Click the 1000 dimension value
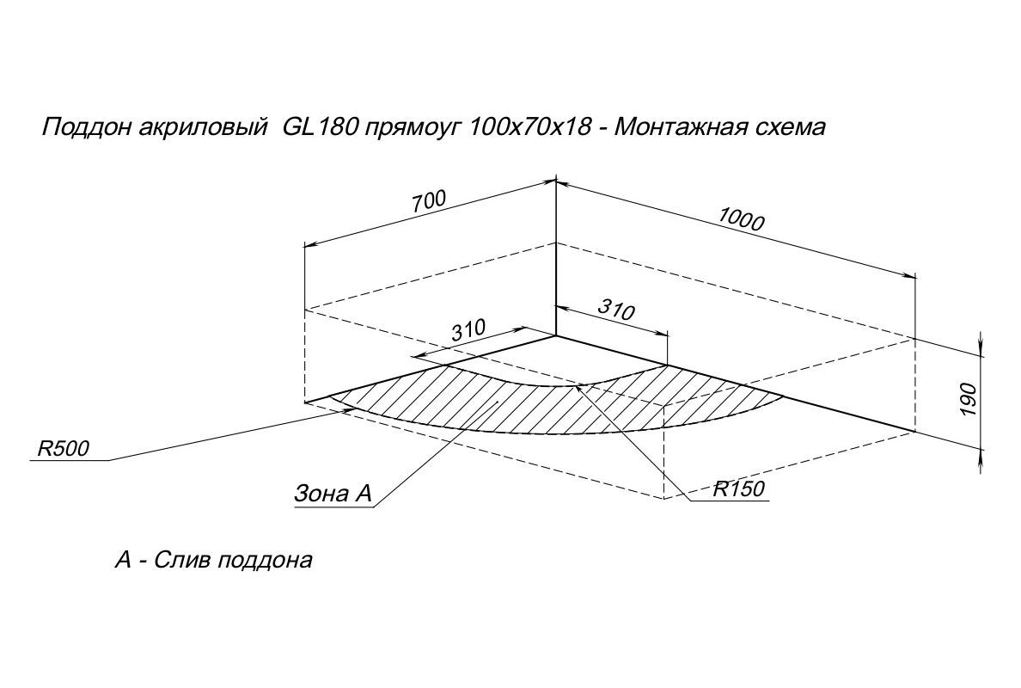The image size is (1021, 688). coord(740,220)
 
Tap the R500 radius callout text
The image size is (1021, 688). coord(64,448)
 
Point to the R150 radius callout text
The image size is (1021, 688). coord(739,489)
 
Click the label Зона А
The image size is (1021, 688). coord(333,494)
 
